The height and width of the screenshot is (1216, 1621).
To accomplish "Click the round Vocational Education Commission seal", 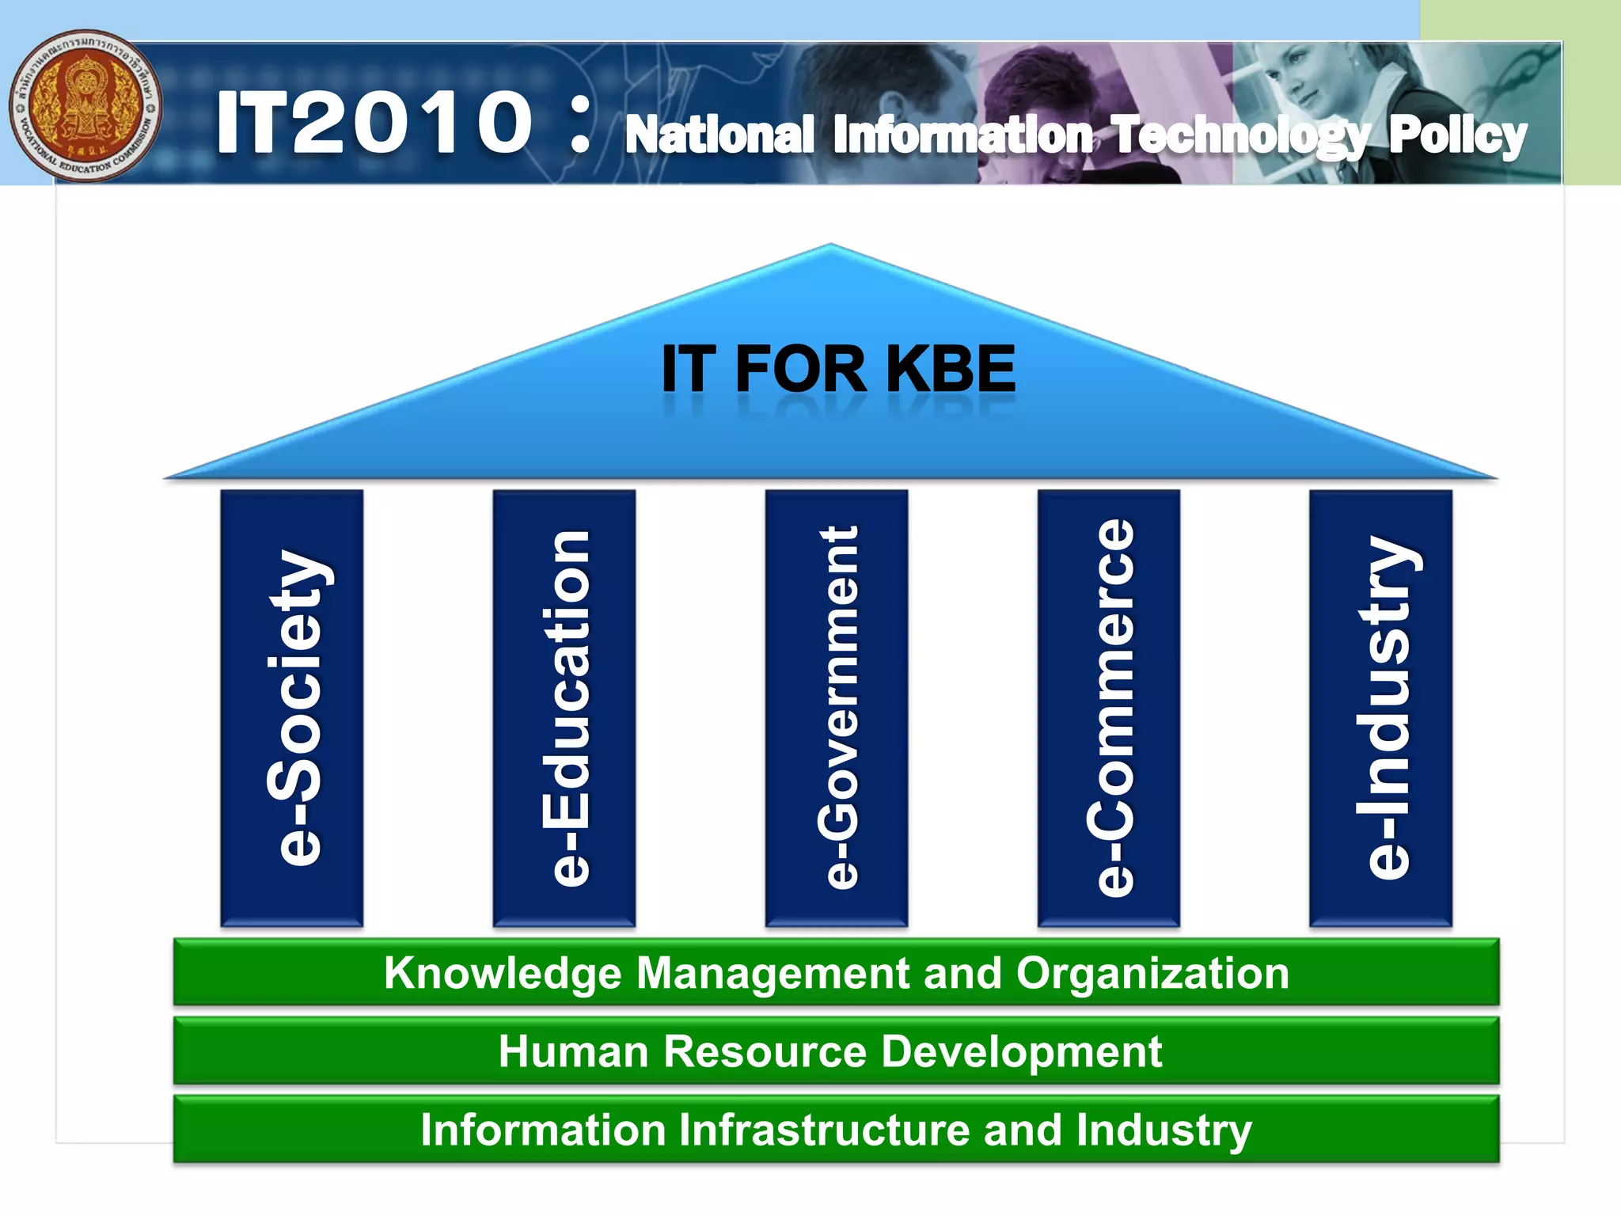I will pos(85,106).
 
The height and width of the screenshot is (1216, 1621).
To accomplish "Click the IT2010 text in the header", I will pos(374,123).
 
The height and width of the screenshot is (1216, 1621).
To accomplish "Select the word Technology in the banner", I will pos(1239,136).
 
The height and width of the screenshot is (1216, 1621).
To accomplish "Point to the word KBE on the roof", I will pos(950,369).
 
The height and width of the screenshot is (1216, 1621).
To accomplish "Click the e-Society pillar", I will pos(292,707).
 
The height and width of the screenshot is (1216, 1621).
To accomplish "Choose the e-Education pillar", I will pos(564,707).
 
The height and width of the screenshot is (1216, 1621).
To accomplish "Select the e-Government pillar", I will pos(837,707).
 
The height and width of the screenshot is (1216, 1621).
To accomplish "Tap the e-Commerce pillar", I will pos(1109,707).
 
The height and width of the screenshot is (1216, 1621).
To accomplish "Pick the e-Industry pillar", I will pos(1381,707).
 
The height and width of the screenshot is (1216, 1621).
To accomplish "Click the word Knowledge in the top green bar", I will pos(503,974).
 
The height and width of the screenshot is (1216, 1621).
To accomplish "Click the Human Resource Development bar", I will pos(831,1051).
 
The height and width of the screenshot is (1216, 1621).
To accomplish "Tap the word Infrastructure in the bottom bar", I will pos(824,1129).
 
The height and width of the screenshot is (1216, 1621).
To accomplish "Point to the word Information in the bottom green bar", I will pos(543,1129).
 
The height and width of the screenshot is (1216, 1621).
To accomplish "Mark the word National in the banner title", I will pos(719,135).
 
